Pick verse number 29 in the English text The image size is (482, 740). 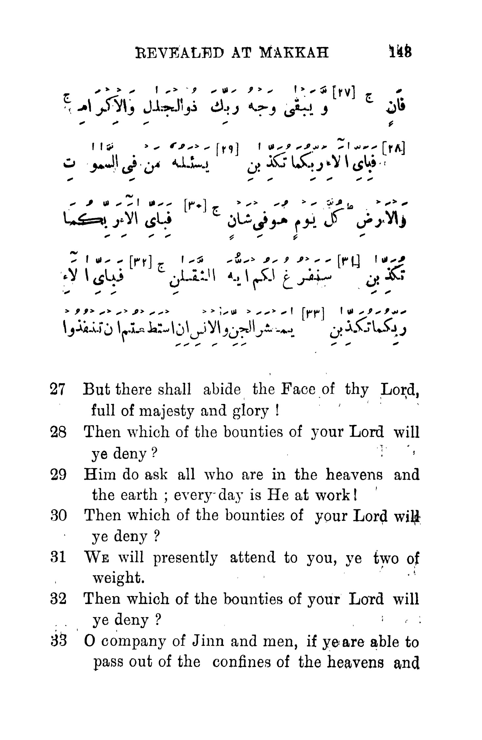tap(59, 475)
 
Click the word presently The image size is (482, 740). tap(185, 558)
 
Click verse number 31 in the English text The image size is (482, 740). tap(59, 558)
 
